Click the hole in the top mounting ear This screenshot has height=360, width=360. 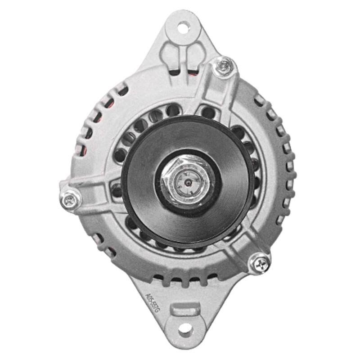pos(183,27)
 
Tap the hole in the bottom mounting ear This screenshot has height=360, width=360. pos(185,330)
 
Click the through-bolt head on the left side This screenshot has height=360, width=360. pos(70,199)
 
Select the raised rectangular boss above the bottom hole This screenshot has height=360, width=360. pos(185,309)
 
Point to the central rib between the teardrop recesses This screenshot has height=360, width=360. pos(183,56)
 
